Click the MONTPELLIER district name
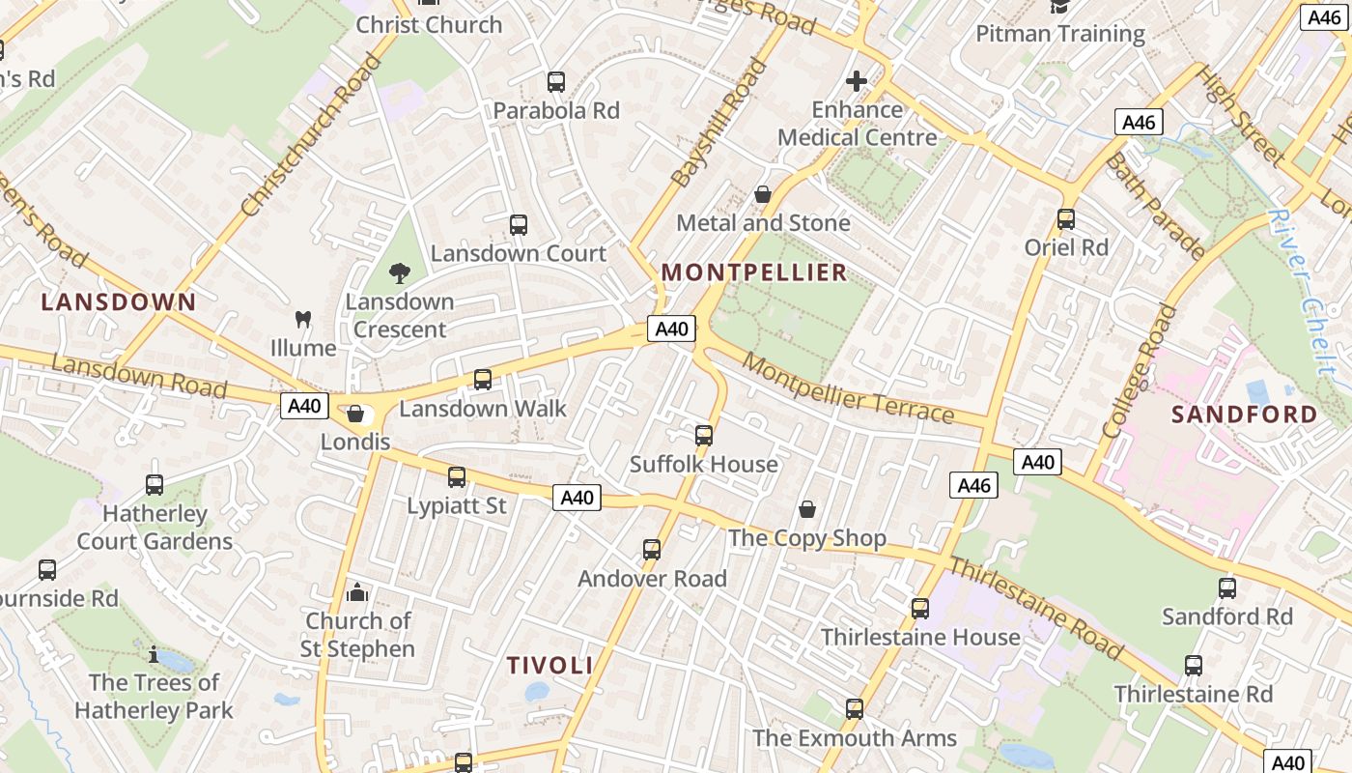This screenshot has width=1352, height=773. point(754,272)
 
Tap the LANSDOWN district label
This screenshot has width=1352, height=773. point(119,301)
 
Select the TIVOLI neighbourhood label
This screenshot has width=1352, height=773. point(549,665)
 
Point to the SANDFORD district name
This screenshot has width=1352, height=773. point(1244,415)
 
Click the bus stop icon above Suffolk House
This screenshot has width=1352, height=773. point(704,436)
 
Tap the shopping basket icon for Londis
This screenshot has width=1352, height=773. point(355,415)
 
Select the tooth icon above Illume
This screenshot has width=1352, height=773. point(303,319)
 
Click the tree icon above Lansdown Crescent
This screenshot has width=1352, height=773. point(400,273)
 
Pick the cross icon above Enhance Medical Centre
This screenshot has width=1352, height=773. point(857,81)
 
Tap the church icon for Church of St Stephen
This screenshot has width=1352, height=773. point(357,591)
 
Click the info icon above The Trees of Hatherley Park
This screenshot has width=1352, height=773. point(154,654)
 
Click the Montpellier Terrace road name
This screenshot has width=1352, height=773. point(849,390)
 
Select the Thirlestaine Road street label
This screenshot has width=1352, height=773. point(1036,607)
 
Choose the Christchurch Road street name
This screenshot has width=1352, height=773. point(311,135)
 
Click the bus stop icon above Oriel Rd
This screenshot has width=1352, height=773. point(1066,219)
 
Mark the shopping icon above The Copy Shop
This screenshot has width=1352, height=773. point(807,509)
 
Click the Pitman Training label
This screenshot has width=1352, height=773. point(1059,34)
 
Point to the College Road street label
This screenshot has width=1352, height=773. point(1141,371)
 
